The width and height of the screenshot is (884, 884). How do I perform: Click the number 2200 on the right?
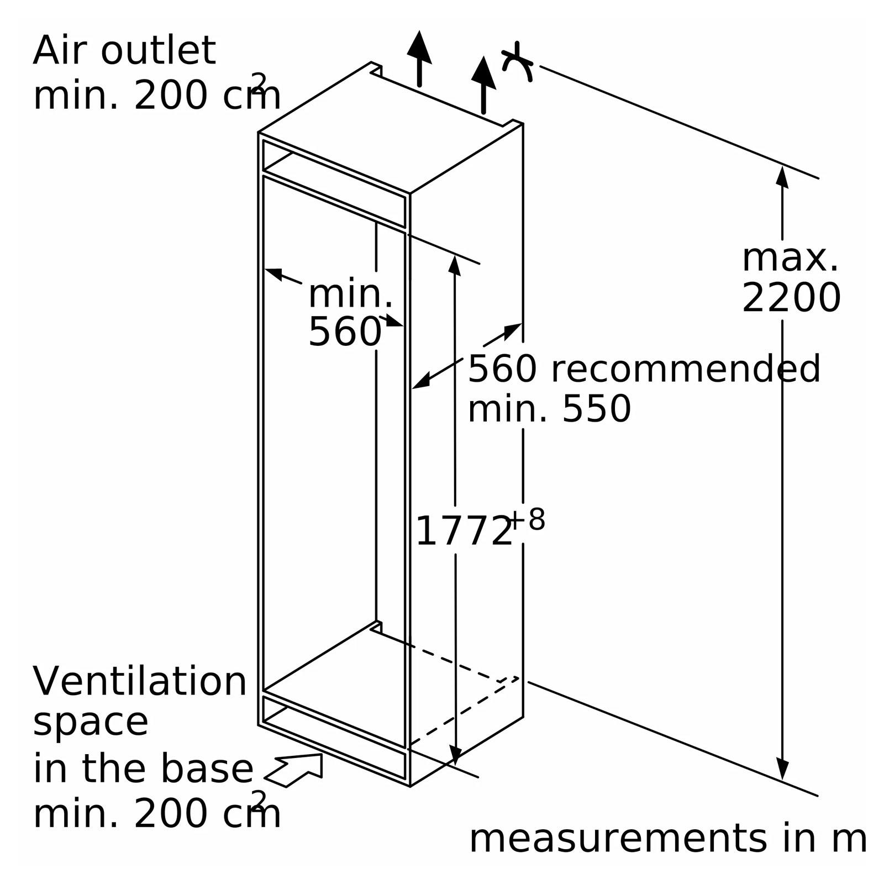tap(791, 298)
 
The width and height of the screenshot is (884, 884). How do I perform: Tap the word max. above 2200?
tap(790, 257)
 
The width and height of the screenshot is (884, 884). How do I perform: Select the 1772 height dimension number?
tap(464, 532)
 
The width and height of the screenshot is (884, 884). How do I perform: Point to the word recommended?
tap(686, 369)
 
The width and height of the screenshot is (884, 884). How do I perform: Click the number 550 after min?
tap(596, 409)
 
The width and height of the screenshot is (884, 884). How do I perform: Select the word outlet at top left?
tap(158, 51)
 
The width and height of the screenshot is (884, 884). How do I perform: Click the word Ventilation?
tap(140, 681)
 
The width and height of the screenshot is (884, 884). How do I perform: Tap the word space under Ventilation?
tap(91, 723)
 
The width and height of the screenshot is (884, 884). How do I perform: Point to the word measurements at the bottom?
tap(617, 839)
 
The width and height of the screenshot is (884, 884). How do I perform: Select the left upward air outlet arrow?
tap(419, 59)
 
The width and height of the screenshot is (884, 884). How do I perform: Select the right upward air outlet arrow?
tap(483, 85)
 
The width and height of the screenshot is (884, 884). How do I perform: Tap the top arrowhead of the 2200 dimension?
tap(782, 177)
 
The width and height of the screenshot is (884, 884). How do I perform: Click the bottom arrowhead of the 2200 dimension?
tap(782, 769)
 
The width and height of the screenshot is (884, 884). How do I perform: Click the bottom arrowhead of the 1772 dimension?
tap(455, 754)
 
